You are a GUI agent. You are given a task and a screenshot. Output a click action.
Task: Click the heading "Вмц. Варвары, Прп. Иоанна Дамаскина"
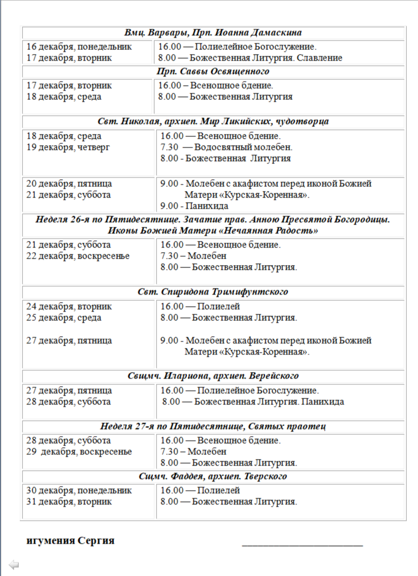pyautogui.click(x=213, y=33)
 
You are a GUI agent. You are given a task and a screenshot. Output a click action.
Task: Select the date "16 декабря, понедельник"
pyautogui.click(x=79, y=46)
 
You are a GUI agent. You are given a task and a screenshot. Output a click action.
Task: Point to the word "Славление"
pyautogui.click(x=321, y=58)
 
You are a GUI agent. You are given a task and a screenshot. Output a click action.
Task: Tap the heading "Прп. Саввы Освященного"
pyautogui.click(x=213, y=72)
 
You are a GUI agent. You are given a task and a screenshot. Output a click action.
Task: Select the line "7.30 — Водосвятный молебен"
pyautogui.click(x=226, y=148)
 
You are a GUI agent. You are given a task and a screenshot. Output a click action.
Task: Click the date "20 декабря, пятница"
pyautogui.click(x=69, y=183)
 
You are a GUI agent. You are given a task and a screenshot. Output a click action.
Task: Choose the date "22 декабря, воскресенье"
pyautogui.click(x=78, y=256)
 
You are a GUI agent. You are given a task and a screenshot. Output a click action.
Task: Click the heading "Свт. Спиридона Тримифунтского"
pyautogui.click(x=213, y=292)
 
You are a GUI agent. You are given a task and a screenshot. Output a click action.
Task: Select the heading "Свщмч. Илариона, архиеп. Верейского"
pyautogui.click(x=213, y=376)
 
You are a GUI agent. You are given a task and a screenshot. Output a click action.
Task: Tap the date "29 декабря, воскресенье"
pyautogui.click(x=79, y=451)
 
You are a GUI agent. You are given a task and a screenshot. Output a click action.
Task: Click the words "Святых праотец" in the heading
pyautogui.click(x=291, y=426)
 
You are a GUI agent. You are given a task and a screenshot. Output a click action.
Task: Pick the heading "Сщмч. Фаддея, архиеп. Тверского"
pyautogui.click(x=213, y=477)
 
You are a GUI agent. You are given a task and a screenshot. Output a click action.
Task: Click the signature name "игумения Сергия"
pyautogui.click(x=71, y=541)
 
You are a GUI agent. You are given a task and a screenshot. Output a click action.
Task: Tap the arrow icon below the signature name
pyautogui.click(x=14, y=565)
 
